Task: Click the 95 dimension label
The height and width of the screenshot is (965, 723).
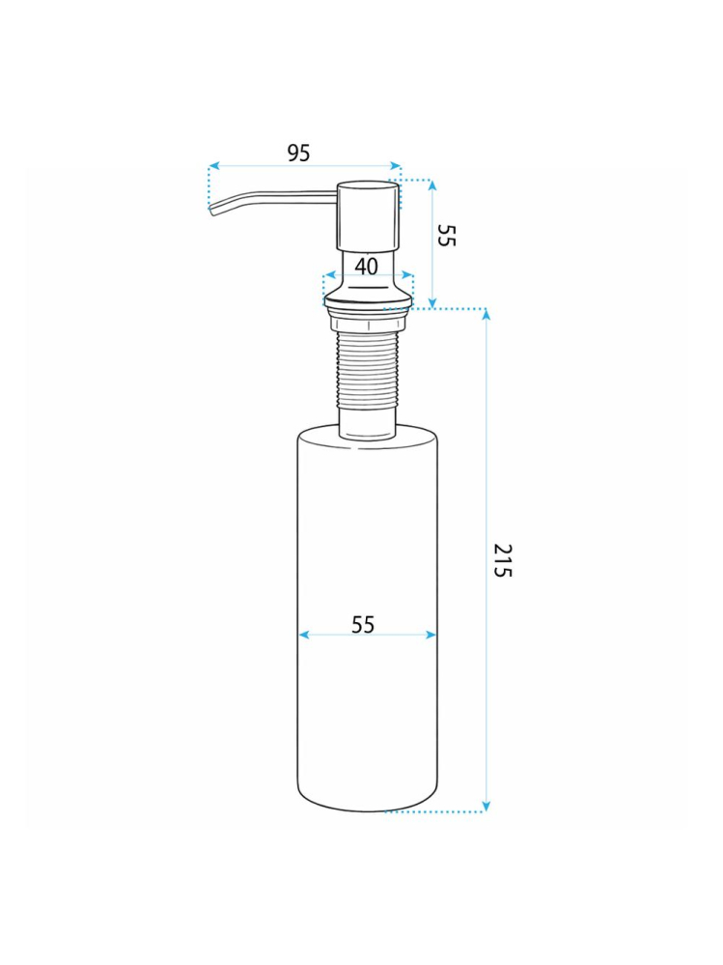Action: click(x=299, y=153)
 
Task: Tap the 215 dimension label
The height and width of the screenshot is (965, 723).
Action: click(x=502, y=560)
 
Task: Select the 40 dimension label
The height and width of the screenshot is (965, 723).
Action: click(x=367, y=266)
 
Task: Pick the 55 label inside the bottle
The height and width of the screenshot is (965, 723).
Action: click(x=363, y=625)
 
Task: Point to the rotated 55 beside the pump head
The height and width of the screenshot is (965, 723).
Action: click(x=445, y=235)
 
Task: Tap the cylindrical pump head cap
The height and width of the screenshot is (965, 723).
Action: click(x=367, y=214)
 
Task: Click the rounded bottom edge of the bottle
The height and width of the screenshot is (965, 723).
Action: click(x=367, y=808)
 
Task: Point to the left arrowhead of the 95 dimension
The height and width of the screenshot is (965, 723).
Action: click(x=213, y=166)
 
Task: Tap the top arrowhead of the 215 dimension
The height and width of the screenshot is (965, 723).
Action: click(x=486, y=315)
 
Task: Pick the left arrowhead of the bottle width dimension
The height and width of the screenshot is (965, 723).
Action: click(x=303, y=635)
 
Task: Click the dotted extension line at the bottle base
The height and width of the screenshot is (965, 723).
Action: click(x=434, y=812)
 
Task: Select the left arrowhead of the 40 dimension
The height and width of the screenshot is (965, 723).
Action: click(x=327, y=275)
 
